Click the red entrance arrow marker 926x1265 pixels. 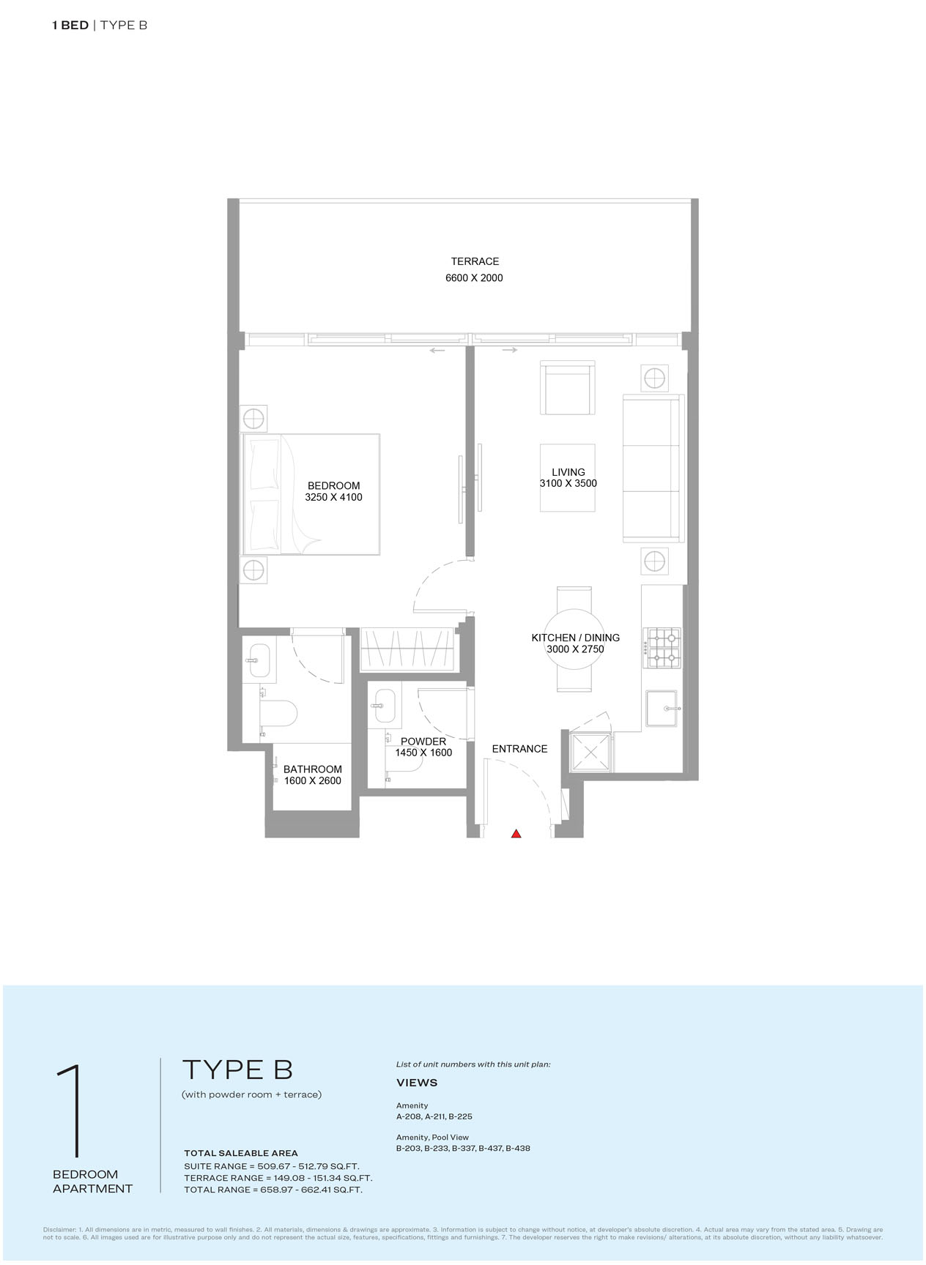(516, 833)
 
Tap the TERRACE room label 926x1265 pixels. (475, 261)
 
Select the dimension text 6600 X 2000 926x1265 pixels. (474, 278)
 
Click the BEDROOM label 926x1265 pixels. (333, 485)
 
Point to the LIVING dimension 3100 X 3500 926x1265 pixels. (568, 483)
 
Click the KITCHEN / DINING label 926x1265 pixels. (575, 638)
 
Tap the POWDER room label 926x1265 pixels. (423, 742)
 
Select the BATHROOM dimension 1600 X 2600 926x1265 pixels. (312, 780)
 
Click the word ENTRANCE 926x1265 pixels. (519, 749)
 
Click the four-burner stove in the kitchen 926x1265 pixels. (662, 648)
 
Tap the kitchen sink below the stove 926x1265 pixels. (662, 708)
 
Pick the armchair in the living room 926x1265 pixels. (567, 388)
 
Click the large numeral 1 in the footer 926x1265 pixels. (69, 1111)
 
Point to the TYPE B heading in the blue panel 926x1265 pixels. (237, 1070)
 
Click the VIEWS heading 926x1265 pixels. (417, 1083)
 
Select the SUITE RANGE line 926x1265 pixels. (272, 1166)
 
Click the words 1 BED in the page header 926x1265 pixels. (70, 25)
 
